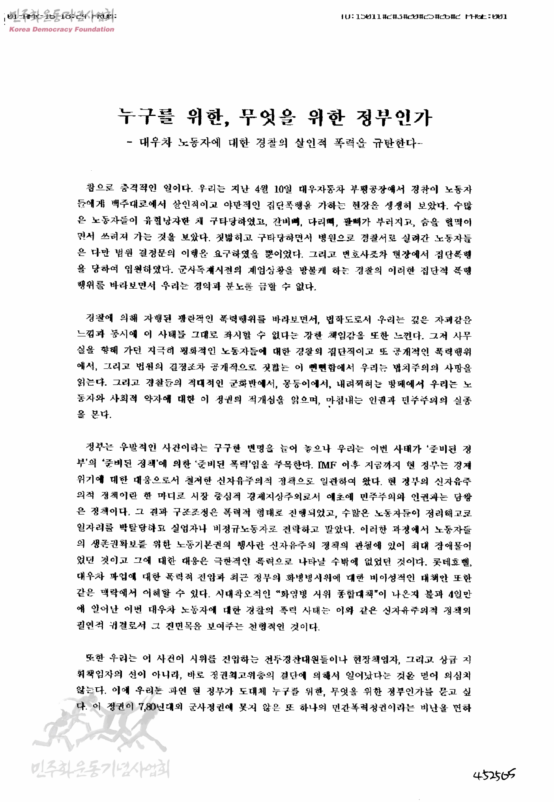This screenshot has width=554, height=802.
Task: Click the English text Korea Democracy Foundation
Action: coord(61,29)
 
